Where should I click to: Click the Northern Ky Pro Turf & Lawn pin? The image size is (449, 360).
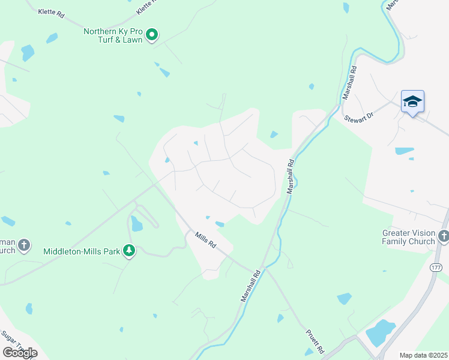click(152, 35)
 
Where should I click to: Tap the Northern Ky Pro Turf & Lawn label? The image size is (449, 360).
click(113, 35)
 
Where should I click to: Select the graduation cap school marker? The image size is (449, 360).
click(412, 101)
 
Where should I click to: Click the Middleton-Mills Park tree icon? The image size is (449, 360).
click(128, 250)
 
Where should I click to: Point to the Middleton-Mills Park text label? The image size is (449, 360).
click(82, 251)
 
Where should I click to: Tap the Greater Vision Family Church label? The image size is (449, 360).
click(409, 237)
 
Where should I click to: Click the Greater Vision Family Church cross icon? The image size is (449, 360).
click(444, 236)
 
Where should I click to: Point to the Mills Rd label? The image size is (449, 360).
click(205, 241)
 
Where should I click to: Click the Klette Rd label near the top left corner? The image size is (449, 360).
click(50, 13)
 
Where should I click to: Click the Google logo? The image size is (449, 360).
click(20, 352)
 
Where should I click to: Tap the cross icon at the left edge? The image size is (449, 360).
click(23, 245)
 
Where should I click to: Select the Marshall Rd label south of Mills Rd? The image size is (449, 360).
click(251, 286)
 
